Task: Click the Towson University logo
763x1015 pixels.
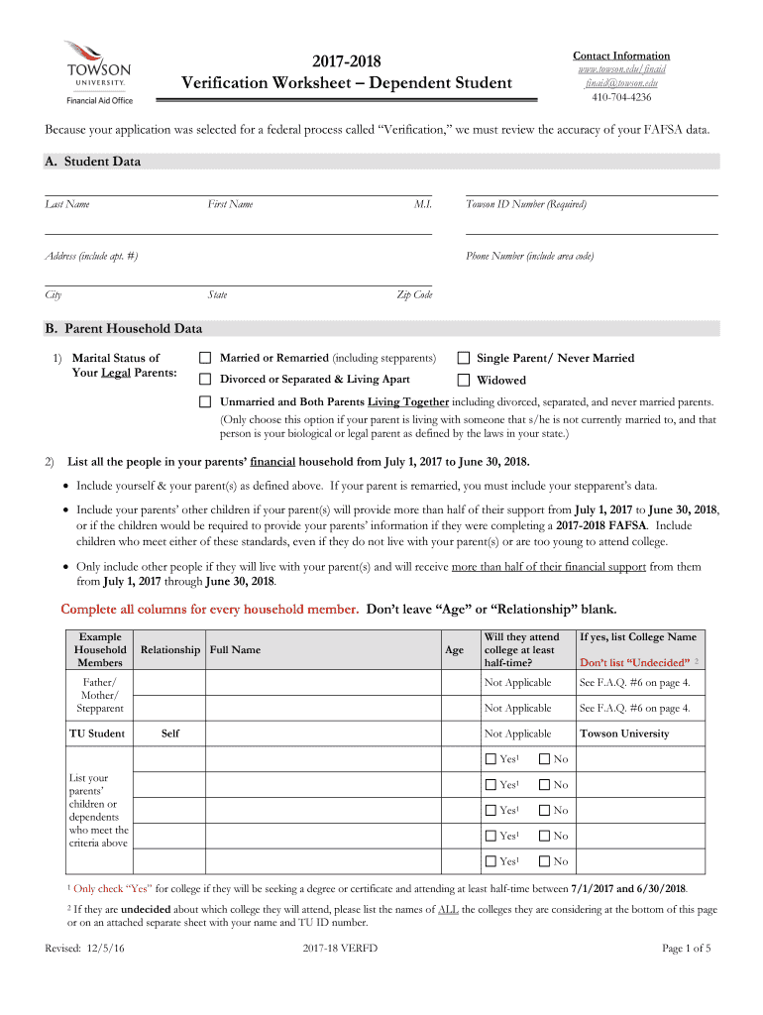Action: (x=97, y=71)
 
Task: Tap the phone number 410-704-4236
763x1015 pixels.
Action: (x=621, y=97)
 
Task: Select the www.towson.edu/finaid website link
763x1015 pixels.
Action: (x=621, y=69)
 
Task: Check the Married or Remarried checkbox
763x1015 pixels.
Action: (x=205, y=358)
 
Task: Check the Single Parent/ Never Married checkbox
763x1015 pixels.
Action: (x=463, y=358)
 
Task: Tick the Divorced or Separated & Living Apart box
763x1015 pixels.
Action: (x=205, y=380)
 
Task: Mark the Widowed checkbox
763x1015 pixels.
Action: (x=463, y=380)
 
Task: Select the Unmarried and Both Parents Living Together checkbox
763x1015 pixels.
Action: (x=205, y=402)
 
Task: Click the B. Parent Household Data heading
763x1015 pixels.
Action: (x=123, y=329)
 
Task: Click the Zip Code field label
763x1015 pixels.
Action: (x=414, y=294)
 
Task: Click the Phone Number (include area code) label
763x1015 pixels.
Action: (x=530, y=256)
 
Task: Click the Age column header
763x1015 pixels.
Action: (x=454, y=650)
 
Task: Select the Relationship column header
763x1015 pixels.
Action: (x=170, y=650)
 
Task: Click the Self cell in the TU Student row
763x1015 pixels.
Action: (x=170, y=733)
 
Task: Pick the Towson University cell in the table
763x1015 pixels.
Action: (x=624, y=733)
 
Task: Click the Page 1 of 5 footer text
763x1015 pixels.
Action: (x=686, y=949)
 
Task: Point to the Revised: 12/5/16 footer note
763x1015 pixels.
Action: (x=90, y=949)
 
